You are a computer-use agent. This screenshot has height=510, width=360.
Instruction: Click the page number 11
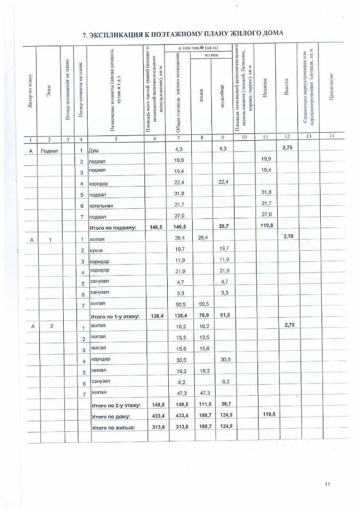(x=328, y=483)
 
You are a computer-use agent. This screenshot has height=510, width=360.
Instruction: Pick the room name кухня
(x=96, y=250)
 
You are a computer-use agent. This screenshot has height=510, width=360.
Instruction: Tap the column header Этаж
(x=49, y=91)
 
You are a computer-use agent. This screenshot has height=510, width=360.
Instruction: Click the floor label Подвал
(x=49, y=150)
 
